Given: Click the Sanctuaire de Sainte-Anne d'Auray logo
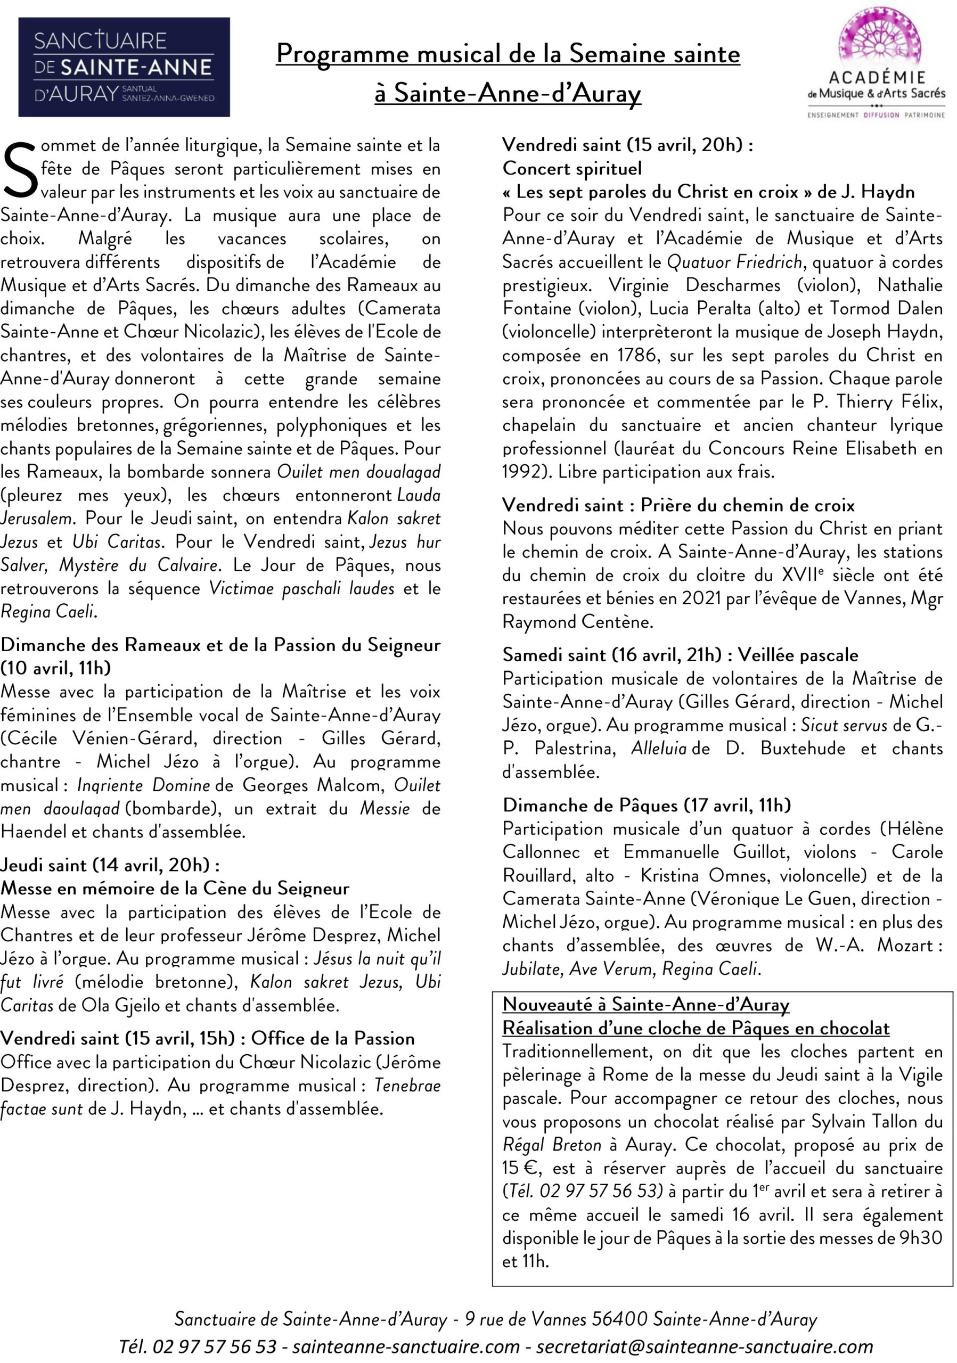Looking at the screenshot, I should click(124, 67).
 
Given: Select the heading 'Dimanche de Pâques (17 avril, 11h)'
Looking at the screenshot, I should click(647, 805).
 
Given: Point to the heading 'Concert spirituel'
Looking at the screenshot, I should click(572, 169).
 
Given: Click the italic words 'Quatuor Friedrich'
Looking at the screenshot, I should click(734, 262).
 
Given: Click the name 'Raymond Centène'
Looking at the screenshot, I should click(577, 621).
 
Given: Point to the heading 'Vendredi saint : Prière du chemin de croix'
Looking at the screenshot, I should click(678, 505).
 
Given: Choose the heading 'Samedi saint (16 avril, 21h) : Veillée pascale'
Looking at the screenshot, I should click(680, 655).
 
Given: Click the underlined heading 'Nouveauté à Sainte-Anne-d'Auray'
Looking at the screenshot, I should click(645, 1005).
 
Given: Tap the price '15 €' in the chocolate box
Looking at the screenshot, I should click(520, 1168).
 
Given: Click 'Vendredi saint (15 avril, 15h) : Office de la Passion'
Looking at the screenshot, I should click(207, 1038).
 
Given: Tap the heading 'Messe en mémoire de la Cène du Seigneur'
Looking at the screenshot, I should click(175, 888).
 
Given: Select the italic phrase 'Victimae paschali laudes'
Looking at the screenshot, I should click(301, 588).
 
